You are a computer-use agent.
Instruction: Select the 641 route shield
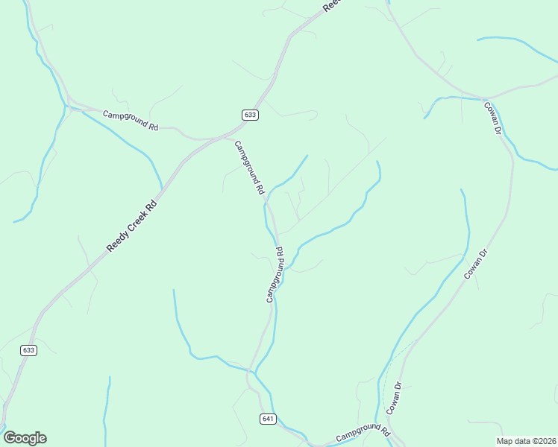(x=269, y=419)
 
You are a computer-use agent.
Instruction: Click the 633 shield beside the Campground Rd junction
(x=250, y=115)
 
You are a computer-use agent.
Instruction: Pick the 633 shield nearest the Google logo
(x=28, y=350)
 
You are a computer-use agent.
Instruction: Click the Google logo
(x=25, y=438)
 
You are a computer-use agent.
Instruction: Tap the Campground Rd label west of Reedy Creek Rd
(x=131, y=121)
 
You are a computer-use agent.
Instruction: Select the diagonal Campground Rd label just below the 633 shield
(x=250, y=168)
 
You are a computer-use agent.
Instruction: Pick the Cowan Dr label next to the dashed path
(x=394, y=399)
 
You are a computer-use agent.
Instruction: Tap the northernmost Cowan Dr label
(x=492, y=118)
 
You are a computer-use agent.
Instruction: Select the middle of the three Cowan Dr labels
(x=475, y=264)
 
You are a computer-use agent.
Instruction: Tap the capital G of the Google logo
(x=10, y=438)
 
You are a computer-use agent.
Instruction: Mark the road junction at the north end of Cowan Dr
(x=486, y=99)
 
